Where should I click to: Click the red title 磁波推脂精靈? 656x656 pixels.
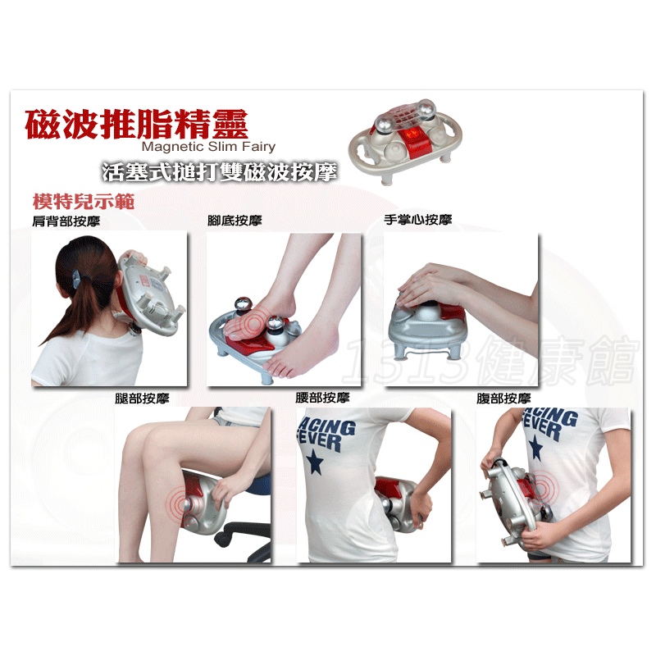tap(136, 124)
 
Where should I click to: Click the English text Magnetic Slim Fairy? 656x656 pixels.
tap(208, 147)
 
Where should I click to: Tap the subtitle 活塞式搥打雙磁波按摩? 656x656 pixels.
tap(219, 171)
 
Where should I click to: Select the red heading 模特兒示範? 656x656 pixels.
tap(84, 202)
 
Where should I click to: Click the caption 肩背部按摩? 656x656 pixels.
tap(66, 221)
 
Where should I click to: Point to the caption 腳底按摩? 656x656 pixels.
tap(235, 220)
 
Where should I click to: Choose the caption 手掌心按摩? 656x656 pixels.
tap(418, 219)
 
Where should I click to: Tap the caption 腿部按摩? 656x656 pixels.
tap(142, 398)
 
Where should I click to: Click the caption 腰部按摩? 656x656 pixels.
tap(322, 397)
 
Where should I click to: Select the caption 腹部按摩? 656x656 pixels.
tap(503, 398)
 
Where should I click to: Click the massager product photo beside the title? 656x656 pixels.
tap(406, 141)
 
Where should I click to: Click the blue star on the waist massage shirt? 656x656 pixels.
tap(315, 462)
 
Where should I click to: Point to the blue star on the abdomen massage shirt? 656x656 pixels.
tap(535, 448)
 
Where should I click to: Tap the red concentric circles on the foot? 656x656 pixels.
tap(254, 323)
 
